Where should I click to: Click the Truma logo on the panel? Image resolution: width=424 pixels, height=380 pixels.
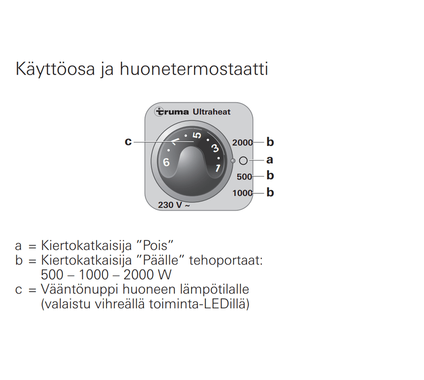tap(173, 112)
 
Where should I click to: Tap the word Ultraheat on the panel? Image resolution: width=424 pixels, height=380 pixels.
tap(212, 112)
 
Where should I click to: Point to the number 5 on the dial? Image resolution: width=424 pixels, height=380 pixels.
tap(196, 135)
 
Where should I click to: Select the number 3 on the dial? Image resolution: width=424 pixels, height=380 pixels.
tap(214, 147)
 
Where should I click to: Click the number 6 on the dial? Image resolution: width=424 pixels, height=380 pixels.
tap(166, 162)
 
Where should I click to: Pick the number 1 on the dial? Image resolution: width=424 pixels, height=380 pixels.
tap(218, 168)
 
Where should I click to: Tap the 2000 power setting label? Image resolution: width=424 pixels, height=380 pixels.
tap(242, 142)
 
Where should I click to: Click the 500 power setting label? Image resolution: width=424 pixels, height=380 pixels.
tap(244, 177)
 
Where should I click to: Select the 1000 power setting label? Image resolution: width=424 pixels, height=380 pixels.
tap(242, 193)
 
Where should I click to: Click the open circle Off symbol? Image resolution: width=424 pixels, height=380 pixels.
tap(243, 161)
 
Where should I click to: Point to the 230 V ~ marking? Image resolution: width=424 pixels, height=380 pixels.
tap(173, 205)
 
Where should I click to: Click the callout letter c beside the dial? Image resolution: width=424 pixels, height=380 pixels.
tap(128, 142)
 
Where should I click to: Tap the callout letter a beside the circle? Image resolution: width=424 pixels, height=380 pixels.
tap(270, 160)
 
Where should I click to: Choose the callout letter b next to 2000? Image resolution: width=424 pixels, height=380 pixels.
tap(270, 142)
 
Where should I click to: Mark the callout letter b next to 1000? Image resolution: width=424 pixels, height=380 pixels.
tap(270, 193)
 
